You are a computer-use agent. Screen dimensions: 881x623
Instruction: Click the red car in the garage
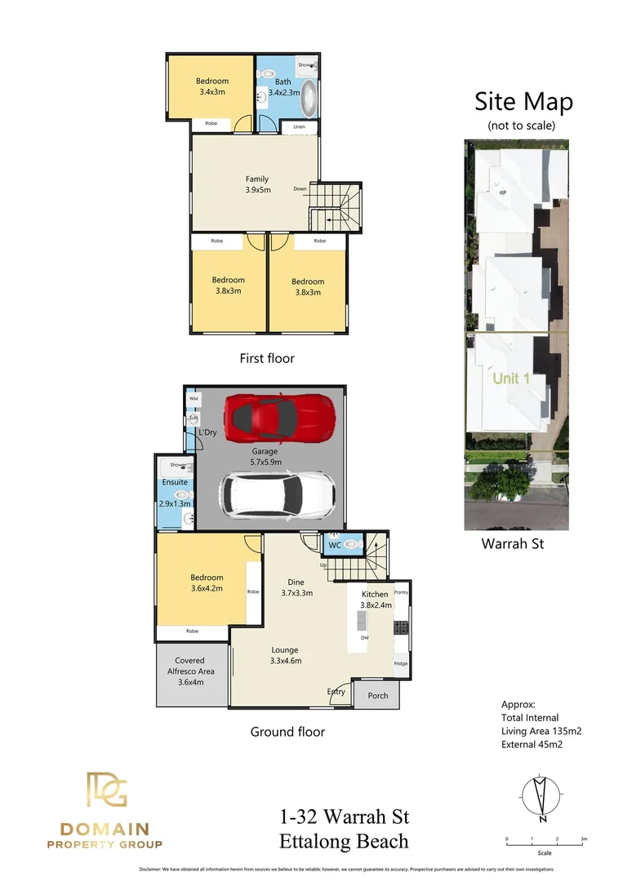tap(279, 416)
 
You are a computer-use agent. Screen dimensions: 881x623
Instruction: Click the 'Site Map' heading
tap(523, 102)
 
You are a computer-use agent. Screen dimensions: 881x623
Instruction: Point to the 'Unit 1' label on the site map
tap(511, 379)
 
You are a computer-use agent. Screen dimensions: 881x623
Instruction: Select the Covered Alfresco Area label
tap(189, 671)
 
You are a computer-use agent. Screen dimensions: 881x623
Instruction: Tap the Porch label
tap(378, 696)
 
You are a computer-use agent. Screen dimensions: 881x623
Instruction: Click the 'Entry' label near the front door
tap(336, 692)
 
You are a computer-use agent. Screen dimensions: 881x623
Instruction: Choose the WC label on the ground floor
tap(335, 545)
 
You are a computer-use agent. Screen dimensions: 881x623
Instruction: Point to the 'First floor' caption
tap(267, 358)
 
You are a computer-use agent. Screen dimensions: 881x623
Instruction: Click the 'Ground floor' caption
tap(287, 732)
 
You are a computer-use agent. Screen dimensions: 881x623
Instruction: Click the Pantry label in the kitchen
tap(401, 592)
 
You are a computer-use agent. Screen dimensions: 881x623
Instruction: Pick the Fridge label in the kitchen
tap(400, 663)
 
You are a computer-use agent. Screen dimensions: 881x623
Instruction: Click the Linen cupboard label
tap(300, 127)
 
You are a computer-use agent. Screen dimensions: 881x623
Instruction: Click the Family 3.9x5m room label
tap(257, 184)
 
